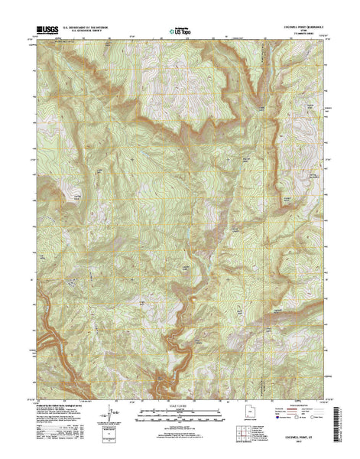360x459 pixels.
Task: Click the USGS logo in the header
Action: click(x=47, y=31)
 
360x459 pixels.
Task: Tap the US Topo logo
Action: click(x=180, y=32)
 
